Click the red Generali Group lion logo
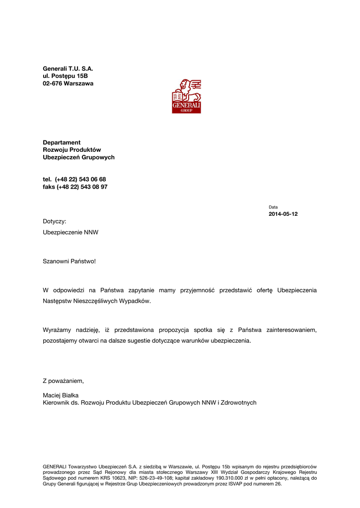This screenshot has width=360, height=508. click(186, 96)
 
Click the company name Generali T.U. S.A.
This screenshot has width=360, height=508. click(68, 68)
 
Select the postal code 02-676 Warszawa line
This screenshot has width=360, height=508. click(68, 83)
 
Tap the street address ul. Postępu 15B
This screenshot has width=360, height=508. click(65, 76)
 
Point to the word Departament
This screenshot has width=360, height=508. click(62, 142)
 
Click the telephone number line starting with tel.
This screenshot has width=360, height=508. click(74, 179)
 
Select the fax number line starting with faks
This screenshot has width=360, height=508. click(75, 187)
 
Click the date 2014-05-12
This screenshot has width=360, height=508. click(283, 214)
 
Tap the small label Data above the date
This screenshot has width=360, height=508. click(273, 207)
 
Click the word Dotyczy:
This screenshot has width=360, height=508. click(54, 221)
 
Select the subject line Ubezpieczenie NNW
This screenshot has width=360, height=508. click(71, 232)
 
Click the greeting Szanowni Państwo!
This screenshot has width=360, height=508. click(69, 261)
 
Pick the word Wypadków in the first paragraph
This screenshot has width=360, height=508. click(136, 301)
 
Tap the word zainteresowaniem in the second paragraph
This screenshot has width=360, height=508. click(291, 330)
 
